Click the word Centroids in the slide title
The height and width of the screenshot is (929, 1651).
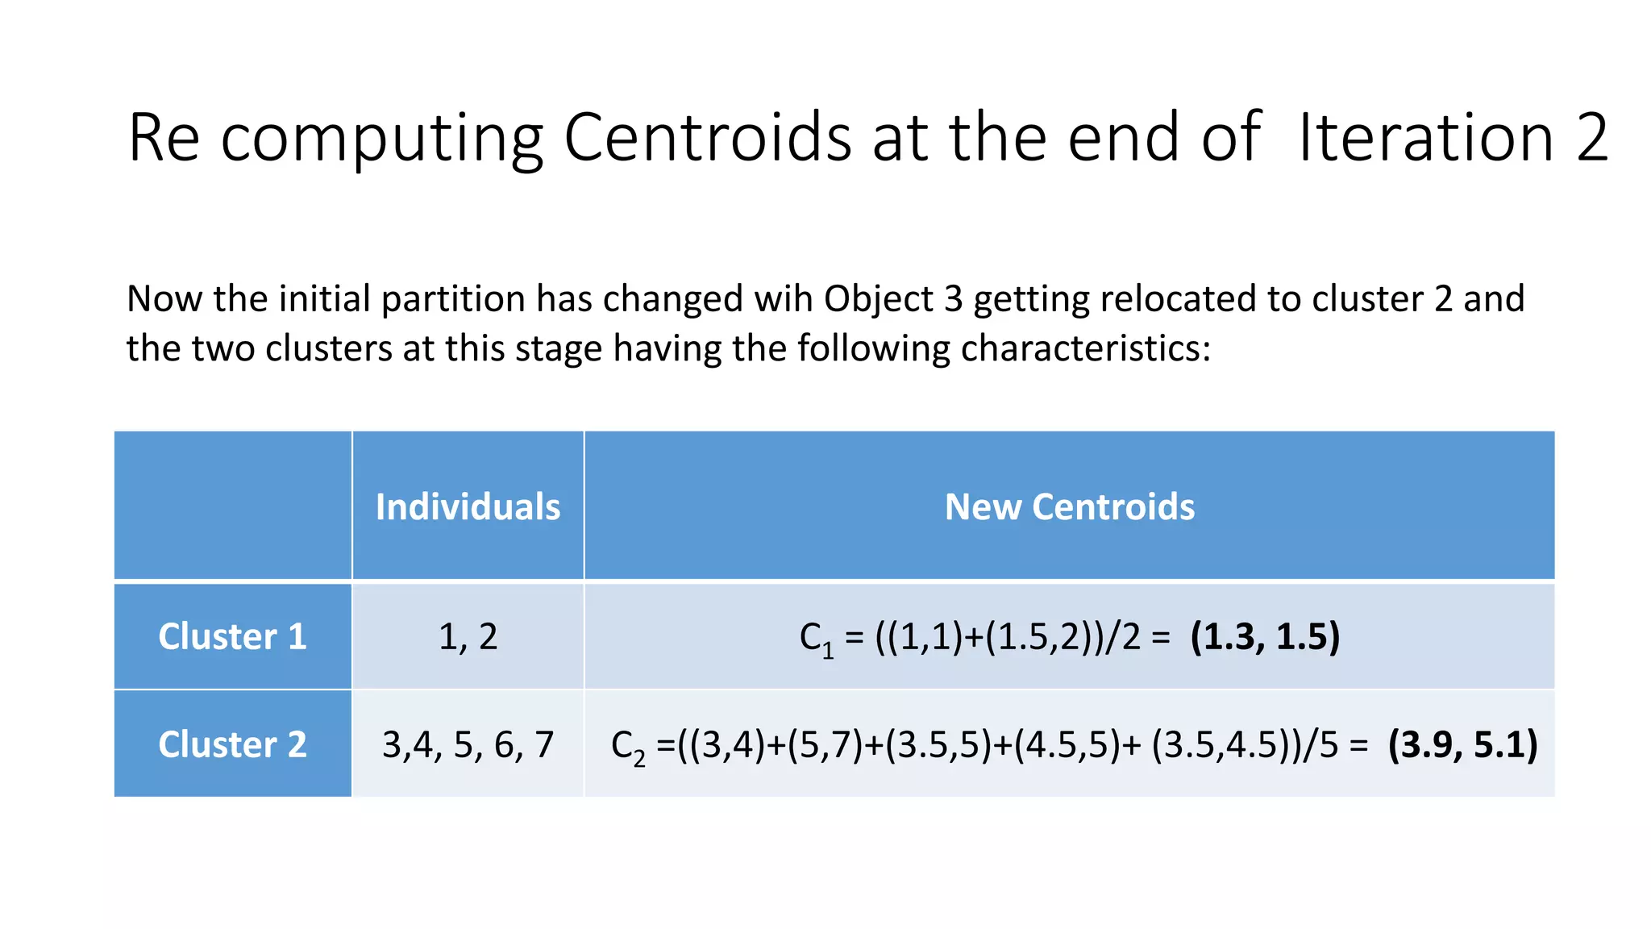[708, 137]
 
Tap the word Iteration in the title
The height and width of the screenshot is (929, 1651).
[1426, 137]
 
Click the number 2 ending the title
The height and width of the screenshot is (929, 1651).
[1591, 137]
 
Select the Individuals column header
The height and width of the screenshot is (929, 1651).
[468, 506]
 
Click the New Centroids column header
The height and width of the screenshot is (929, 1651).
[1069, 506]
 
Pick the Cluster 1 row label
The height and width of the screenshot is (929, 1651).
[232, 636]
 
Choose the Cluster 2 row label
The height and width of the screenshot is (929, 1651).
[232, 744]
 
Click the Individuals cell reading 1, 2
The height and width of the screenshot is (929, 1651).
[468, 636]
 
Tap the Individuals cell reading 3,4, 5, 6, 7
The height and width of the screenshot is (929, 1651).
[468, 744]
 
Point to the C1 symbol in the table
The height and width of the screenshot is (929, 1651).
[816, 639]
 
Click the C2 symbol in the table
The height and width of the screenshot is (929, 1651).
[628, 746]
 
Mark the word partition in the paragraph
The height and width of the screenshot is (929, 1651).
[454, 300]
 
